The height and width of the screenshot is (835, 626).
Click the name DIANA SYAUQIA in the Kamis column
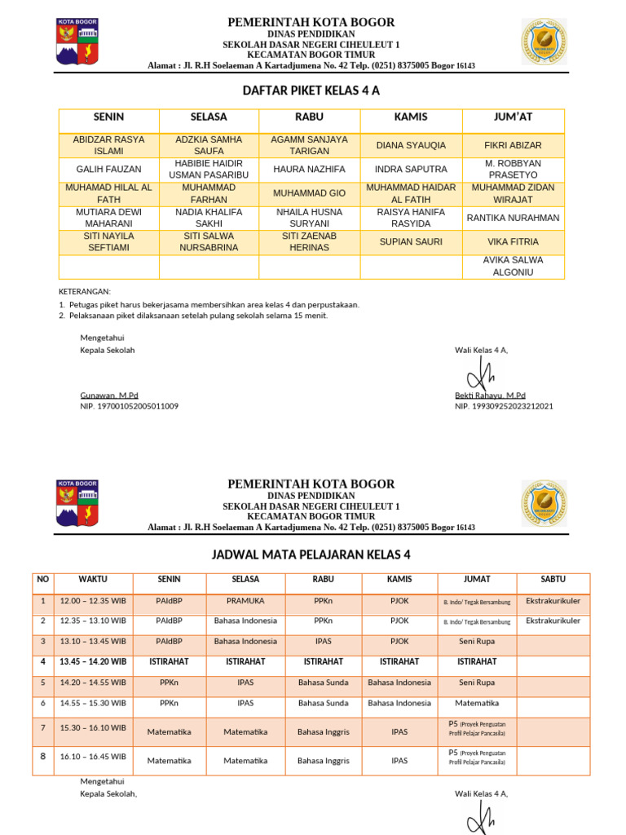pyautogui.click(x=411, y=145)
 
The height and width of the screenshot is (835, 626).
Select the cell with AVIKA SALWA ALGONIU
pyautogui.click(x=514, y=266)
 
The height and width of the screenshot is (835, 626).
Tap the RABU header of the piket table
pyautogui.click(x=310, y=117)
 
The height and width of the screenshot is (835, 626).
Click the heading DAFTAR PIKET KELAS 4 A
pyautogui.click(x=311, y=91)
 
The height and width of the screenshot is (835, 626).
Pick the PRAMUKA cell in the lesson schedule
pyautogui.click(x=245, y=601)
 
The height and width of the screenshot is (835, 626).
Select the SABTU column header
pyautogui.click(x=553, y=580)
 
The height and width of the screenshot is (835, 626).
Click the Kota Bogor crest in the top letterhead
pyautogui.click(x=77, y=42)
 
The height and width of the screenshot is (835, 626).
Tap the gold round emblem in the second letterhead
pyautogui.click(x=544, y=503)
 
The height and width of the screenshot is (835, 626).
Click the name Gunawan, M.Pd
pyautogui.click(x=109, y=395)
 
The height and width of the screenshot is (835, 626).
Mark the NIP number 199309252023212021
pyautogui.click(x=504, y=405)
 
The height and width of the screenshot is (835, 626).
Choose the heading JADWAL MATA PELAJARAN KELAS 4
pyautogui.click(x=311, y=555)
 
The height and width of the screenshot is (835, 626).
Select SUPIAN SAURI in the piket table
pyautogui.click(x=411, y=241)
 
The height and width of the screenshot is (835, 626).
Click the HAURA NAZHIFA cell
pyautogui.click(x=310, y=170)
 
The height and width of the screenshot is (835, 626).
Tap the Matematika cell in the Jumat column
pyautogui.click(x=477, y=702)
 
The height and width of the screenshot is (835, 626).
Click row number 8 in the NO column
pyautogui.click(x=43, y=757)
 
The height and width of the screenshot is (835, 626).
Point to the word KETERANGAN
pyautogui.click(x=85, y=291)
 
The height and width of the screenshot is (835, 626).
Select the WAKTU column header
pyautogui.click(x=92, y=580)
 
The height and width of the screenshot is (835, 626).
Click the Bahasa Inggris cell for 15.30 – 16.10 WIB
pyautogui.click(x=323, y=731)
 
